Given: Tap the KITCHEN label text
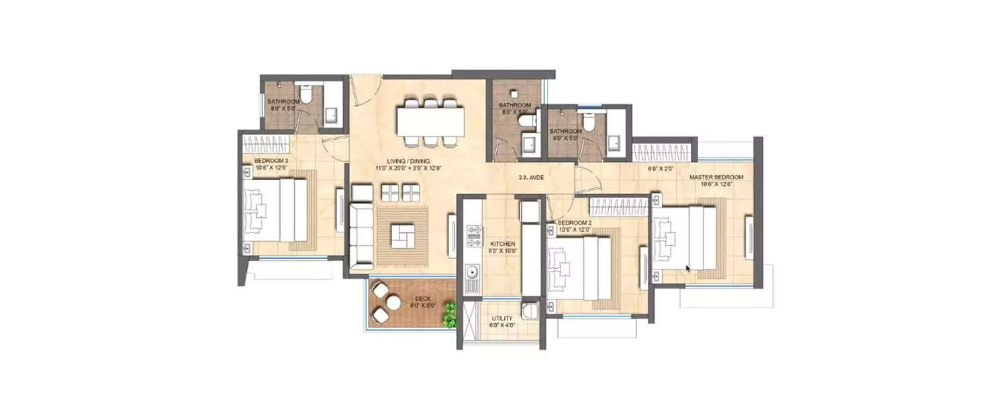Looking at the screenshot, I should coord(502,244).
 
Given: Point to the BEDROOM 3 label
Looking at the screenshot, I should coord(271,161).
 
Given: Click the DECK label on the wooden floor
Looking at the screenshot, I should coord(423,299).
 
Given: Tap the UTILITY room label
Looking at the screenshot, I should coord(501,319).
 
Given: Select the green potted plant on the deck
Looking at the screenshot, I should coord(449,314).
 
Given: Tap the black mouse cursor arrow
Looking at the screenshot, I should coord(688,269).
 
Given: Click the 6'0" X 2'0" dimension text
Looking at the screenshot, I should coord(660,169).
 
